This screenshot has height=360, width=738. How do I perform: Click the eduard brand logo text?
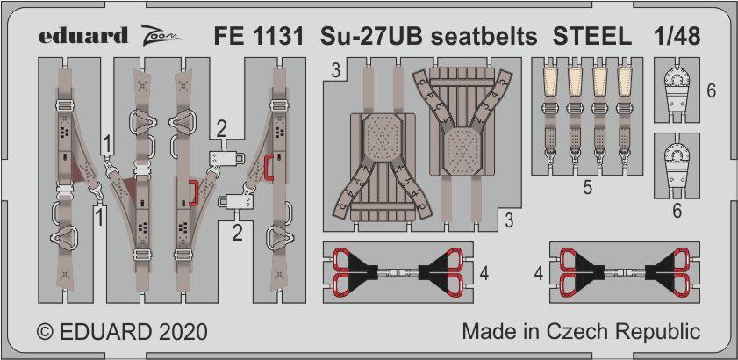(82, 36)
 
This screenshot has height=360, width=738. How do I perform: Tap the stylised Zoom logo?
(161, 35)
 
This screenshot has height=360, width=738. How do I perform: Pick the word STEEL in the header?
(592, 37)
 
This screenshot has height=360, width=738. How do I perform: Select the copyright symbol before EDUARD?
(46, 332)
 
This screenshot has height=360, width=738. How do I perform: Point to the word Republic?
(665, 333)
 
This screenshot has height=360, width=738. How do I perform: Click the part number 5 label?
(587, 188)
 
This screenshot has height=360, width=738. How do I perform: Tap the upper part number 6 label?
(711, 90)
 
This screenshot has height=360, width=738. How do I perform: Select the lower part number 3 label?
(509, 220)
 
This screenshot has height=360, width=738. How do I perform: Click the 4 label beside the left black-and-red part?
(484, 272)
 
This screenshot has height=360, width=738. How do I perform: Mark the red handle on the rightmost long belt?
(269, 168)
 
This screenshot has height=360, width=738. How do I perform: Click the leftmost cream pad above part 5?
(549, 79)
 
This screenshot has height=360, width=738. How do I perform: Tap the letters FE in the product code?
(226, 37)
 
